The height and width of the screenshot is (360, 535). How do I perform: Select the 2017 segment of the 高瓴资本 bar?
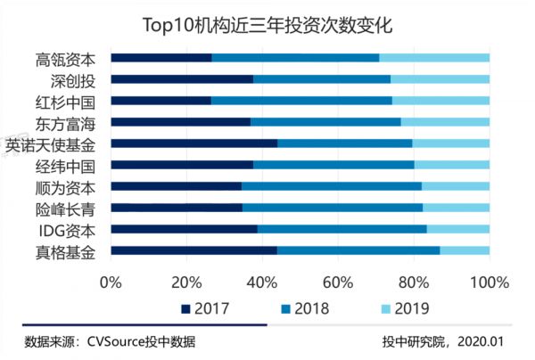point(161,58)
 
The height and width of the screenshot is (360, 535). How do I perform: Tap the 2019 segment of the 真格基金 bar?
point(465,251)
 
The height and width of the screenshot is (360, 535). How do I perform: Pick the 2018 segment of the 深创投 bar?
point(322,79)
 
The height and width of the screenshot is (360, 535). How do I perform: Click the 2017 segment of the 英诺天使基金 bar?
point(193,143)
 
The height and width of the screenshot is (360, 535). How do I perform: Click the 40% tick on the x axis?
point(262,282)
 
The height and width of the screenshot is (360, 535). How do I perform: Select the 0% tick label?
point(111,282)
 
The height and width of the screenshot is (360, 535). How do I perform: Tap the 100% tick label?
point(490,282)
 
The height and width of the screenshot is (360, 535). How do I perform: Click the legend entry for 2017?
point(204,309)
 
